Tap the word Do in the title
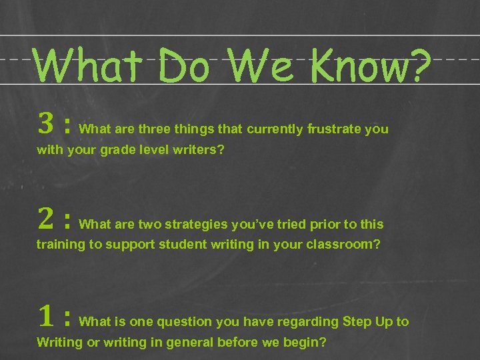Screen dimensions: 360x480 (187, 67)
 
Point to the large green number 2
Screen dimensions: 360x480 (45, 218)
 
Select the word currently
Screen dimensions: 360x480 (275, 129)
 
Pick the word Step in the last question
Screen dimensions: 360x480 (358, 322)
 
